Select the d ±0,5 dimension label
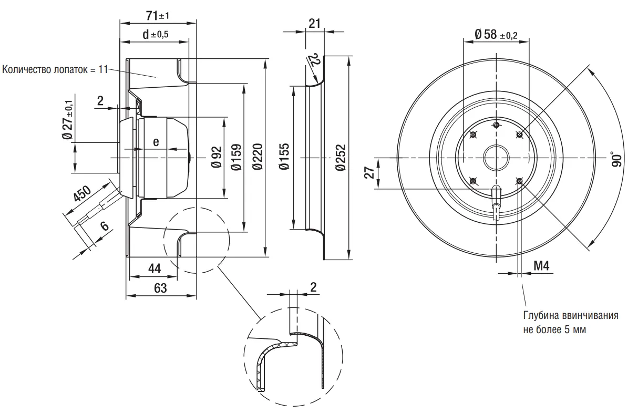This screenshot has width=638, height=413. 155,34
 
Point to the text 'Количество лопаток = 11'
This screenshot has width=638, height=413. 55,69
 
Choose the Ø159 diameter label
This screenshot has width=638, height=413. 236,157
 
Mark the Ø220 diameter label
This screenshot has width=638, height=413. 257,157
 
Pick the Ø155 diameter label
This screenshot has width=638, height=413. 284,157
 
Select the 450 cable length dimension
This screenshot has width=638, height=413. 83,194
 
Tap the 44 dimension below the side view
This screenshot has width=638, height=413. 154,269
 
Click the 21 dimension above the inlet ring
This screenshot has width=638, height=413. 315,24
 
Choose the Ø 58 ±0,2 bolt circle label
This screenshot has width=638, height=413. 496,35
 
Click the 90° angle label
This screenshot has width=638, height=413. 615,159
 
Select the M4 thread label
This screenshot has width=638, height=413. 541,266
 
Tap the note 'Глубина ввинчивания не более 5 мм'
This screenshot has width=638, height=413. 570,323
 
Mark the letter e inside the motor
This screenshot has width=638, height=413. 156,142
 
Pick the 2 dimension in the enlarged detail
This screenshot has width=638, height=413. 313,287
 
